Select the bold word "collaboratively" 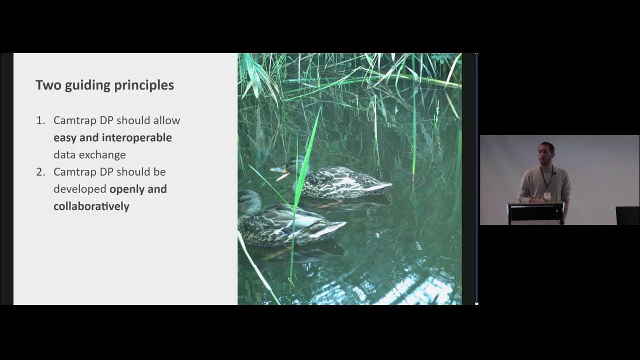[x=91, y=206]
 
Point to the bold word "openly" [x=126, y=189]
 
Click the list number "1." [x=40, y=120]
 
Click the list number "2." [x=40, y=172]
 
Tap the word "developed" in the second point [x=80, y=189]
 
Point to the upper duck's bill [x=276, y=169]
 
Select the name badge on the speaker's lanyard [x=547, y=196]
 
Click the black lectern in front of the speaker [x=535, y=212]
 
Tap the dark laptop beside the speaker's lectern [x=627, y=215]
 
